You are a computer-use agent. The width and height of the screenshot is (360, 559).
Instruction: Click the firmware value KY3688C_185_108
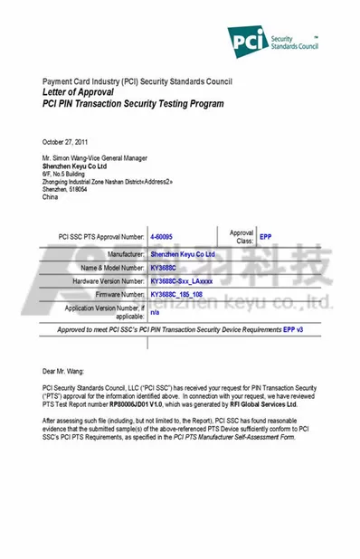[x=177, y=295]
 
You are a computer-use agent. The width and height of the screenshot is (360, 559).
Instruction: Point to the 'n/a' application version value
[x=155, y=312]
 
